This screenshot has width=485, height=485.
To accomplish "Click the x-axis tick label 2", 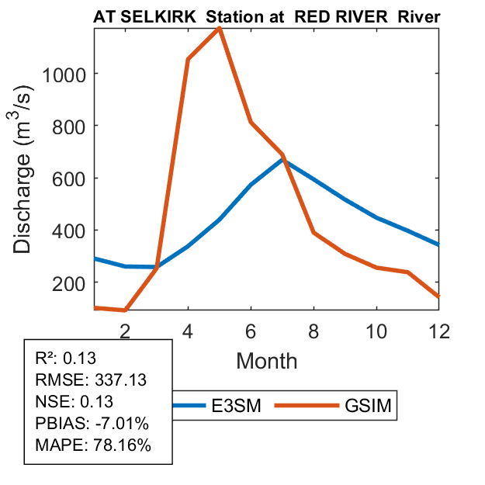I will pyautogui.click(x=125, y=330).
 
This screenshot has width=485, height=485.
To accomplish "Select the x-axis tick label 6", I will pyautogui.click(x=251, y=330).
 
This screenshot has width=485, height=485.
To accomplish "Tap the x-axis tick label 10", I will pyautogui.click(x=376, y=330).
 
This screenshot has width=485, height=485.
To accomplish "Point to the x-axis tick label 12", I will pyautogui.click(x=439, y=330).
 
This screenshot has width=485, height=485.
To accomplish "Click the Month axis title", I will pyautogui.click(x=267, y=360).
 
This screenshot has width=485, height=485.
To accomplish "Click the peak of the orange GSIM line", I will pyautogui.click(x=220, y=28).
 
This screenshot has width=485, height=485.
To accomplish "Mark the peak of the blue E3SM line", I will pyautogui.click(x=283, y=159).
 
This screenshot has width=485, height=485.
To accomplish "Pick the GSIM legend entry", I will pyautogui.click(x=341, y=405).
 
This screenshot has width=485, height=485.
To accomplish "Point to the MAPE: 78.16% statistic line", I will pyautogui.click(x=93, y=445).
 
